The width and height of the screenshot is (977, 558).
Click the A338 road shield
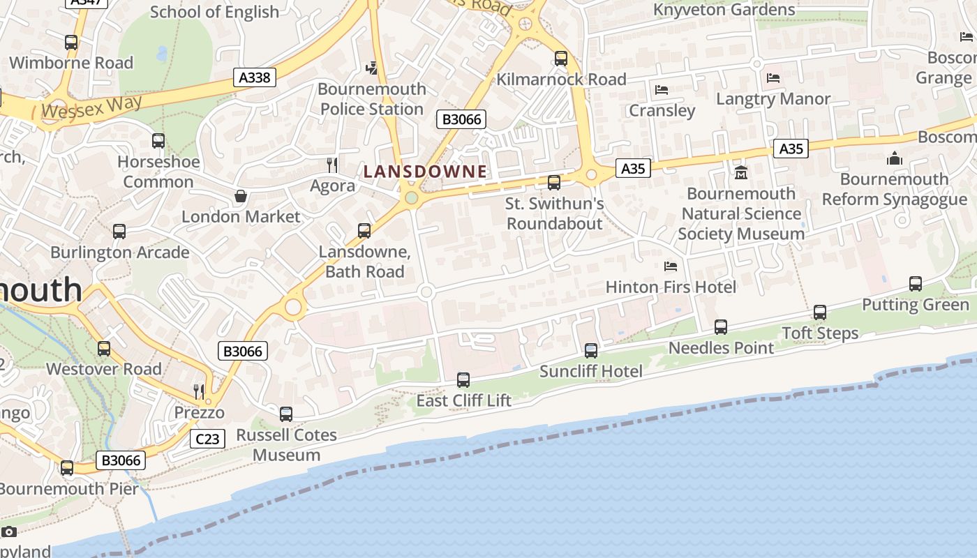pyautogui.click(x=254, y=77)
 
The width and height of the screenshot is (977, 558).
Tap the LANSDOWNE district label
pyautogui.click(x=425, y=172)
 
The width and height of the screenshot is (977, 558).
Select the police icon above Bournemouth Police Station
pyautogui.click(x=372, y=68)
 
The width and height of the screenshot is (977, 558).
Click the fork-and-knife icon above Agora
pyautogui.click(x=333, y=165)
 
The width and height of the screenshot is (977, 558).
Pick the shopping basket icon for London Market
pyautogui.click(x=241, y=196)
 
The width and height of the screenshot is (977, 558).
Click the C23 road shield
pyautogui.click(x=207, y=439)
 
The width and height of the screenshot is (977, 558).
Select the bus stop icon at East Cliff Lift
pyautogui.click(x=463, y=380)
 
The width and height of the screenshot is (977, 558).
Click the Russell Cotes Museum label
pyautogui.click(x=286, y=445)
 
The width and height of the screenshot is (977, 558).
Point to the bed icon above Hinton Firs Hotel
pyautogui.click(x=671, y=266)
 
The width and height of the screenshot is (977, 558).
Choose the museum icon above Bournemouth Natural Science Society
pyautogui.click(x=741, y=172)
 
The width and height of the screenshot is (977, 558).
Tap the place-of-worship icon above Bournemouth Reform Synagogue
pyautogui.click(x=895, y=158)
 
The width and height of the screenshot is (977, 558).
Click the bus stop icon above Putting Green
pyautogui.click(x=916, y=284)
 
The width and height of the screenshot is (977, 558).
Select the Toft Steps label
pyautogui.click(x=820, y=333)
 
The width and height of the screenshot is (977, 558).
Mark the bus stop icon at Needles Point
pyautogui.click(x=721, y=326)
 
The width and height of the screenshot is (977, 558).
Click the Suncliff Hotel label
pyautogui.click(x=591, y=371)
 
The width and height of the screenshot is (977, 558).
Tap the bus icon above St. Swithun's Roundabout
pyautogui.click(x=554, y=183)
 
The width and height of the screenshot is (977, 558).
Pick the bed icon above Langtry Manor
pyautogui.click(x=773, y=78)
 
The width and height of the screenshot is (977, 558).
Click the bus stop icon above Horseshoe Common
pyautogui.click(x=158, y=141)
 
